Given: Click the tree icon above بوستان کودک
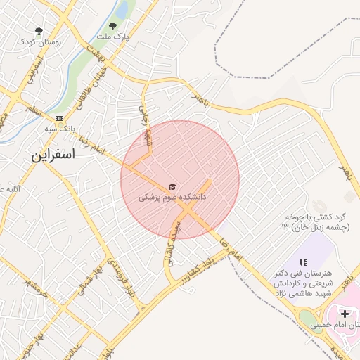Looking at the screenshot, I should [39, 31].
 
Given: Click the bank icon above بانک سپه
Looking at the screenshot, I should [59, 118].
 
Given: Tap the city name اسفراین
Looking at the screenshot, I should [53, 155].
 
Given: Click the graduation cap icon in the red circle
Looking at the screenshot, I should [172, 186].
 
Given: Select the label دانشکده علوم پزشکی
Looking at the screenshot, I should [172, 199].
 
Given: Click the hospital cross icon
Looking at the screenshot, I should [345, 313].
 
